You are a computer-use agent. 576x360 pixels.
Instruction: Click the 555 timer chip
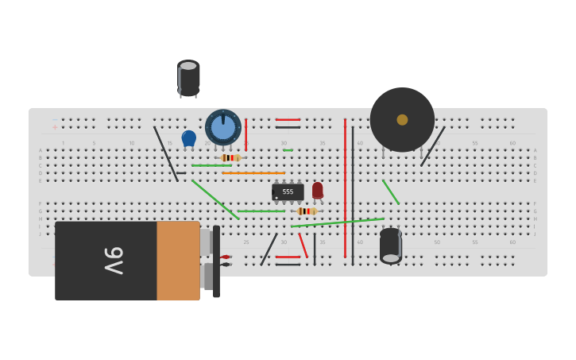click(x=288, y=192)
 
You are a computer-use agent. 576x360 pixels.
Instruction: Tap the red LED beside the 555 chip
click(x=318, y=190)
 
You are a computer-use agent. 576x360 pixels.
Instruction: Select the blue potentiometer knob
click(x=223, y=127)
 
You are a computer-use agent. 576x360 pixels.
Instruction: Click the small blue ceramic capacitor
click(x=188, y=138)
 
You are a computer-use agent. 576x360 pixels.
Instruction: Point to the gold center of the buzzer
click(x=402, y=119)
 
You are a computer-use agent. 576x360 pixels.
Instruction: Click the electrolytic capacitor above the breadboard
click(x=188, y=78)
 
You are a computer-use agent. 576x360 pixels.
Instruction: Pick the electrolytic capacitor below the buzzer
click(x=390, y=245)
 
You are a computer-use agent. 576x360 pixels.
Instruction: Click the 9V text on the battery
click(x=114, y=261)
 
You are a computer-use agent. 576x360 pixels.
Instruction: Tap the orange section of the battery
click(x=178, y=261)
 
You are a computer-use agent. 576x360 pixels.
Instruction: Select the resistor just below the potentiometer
click(x=230, y=157)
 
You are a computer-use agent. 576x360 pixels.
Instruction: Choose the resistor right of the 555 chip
click(x=306, y=211)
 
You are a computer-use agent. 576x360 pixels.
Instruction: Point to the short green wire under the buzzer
click(x=391, y=192)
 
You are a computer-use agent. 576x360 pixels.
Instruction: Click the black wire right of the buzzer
click(x=433, y=146)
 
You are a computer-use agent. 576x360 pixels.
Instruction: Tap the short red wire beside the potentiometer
click(x=245, y=134)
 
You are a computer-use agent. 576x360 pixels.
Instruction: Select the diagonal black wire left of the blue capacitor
click(x=166, y=153)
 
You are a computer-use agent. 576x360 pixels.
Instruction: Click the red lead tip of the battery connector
click(x=226, y=257)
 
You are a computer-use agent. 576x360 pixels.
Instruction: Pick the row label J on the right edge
click(x=535, y=234)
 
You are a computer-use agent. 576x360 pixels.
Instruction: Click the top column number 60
click(x=512, y=143)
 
